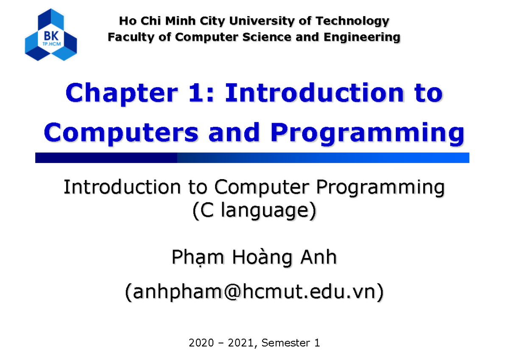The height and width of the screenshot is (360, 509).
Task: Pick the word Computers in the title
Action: [x=121, y=133]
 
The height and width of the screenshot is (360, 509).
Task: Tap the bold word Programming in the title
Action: [x=367, y=133]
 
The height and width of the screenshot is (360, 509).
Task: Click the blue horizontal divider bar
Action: [x=252, y=158]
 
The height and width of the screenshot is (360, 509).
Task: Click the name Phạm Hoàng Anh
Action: [x=254, y=258]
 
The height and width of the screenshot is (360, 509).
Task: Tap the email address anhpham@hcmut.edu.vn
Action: [x=254, y=292]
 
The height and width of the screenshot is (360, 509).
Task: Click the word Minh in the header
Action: [x=182, y=21]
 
